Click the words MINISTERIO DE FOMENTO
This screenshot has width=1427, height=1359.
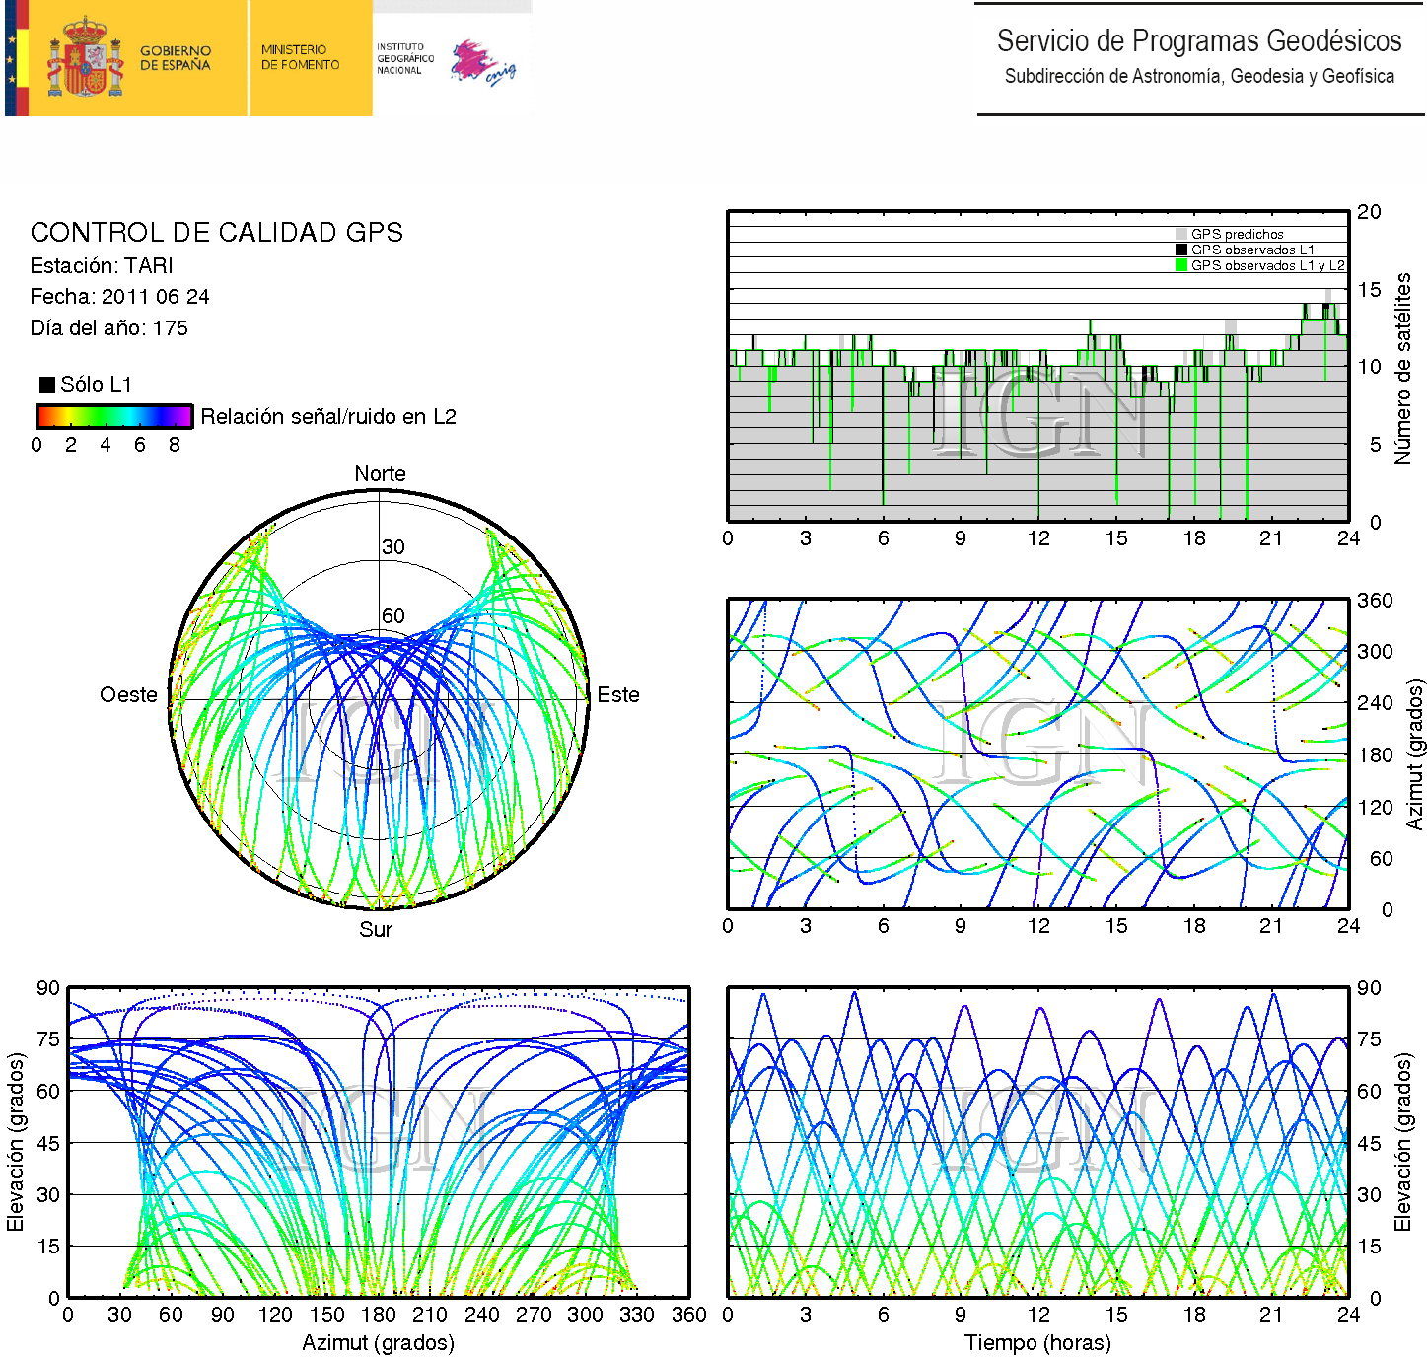point(300,57)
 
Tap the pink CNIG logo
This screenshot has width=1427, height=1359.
point(482,63)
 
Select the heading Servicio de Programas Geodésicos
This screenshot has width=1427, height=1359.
point(1198,41)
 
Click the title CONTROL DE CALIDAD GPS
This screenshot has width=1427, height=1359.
point(216,233)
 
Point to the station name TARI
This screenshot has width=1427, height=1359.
point(149,266)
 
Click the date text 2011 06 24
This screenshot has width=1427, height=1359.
point(155,297)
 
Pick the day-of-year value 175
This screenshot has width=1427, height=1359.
point(170,328)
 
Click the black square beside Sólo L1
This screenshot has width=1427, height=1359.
point(46,384)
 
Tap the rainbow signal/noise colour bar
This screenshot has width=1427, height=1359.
point(113,416)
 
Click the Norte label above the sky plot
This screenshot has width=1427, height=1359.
point(380,474)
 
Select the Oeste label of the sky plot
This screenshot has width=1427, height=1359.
point(128,695)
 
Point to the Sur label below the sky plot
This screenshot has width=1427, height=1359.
point(376,930)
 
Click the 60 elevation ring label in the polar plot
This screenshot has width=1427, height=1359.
point(392,616)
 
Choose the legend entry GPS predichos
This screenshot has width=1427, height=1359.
point(1237,235)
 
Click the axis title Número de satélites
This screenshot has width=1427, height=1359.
point(1402,368)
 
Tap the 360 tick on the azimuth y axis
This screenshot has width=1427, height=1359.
point(1375,601)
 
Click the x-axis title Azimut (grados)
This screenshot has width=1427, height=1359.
point(378,1343)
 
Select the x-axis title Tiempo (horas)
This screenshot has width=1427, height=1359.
point(1037,1343)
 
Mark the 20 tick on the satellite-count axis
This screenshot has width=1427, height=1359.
point(1369,212)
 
